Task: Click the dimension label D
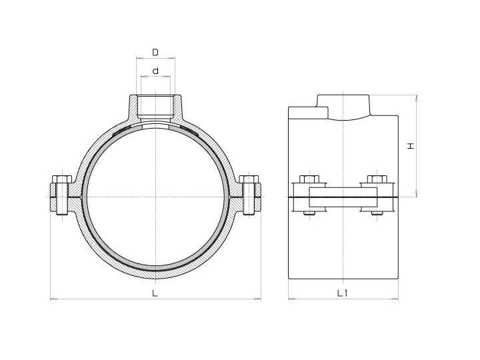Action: click(x=155, y=51)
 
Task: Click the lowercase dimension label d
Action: click(x=155, y=70)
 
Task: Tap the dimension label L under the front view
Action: click(x=155, y=293)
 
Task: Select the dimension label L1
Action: click(x=344, y=293)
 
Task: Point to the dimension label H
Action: click(x=411, y=145)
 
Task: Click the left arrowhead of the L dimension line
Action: click(x=53, y=299)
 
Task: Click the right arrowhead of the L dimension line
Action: click(x=258, y=299)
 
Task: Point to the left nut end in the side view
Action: click(x=310, y=213)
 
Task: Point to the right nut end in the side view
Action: click(x=376, y=213)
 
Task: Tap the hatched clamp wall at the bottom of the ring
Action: click(x=155, y=273)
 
